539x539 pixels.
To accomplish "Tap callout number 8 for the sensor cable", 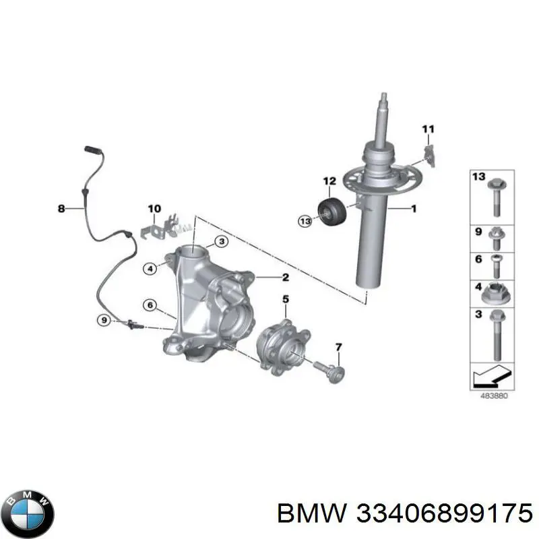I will tap(61, 210).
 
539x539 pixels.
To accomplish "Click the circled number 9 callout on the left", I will tap(103, 321).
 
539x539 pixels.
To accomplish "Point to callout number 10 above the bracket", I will tap(154, 208).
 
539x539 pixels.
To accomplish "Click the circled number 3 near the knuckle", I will tap(222, 243).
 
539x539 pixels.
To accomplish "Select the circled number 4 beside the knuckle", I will tap(151, 269).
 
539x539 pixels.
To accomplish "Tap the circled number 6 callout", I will tap(150, 305).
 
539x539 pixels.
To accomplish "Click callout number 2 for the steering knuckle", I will tap(285, 277).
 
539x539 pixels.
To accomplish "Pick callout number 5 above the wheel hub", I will tap(285, 299).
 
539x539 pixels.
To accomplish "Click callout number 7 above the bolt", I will tap(338, 347).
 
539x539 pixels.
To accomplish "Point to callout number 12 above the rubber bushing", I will tap(328, 181).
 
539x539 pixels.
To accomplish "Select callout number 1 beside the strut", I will tap(413, 210).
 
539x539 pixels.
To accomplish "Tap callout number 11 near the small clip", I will tap(429, 129).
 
